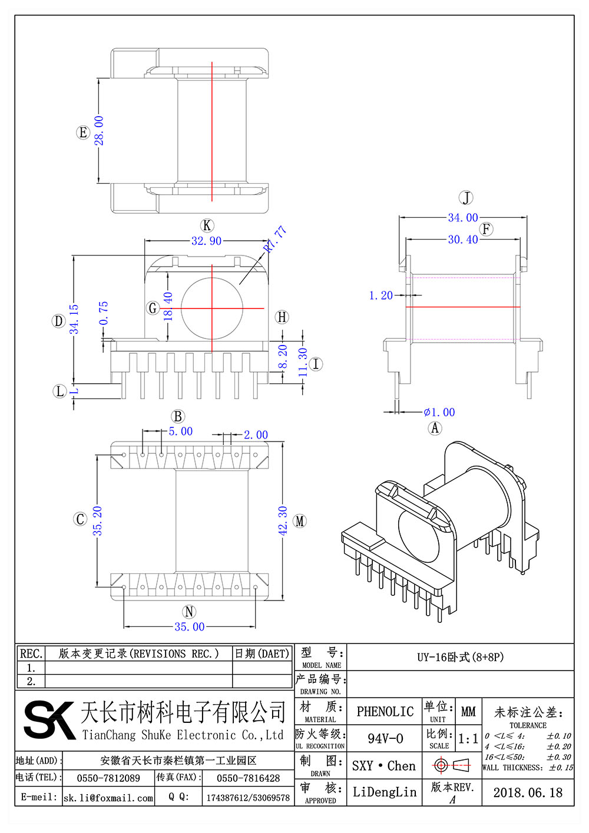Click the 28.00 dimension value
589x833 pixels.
click(99, 131)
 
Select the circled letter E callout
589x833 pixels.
click(83, 132)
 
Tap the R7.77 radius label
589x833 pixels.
click(275, 238)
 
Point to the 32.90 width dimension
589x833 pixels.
click(206, 241)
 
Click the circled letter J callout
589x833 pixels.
click(466, 197)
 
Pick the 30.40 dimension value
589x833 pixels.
click(463, 240)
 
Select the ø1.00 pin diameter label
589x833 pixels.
click(439, 412)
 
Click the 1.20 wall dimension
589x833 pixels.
click(380, 296)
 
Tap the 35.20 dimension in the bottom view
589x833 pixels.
click(97, 520)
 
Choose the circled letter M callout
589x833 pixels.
click(300, 521)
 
